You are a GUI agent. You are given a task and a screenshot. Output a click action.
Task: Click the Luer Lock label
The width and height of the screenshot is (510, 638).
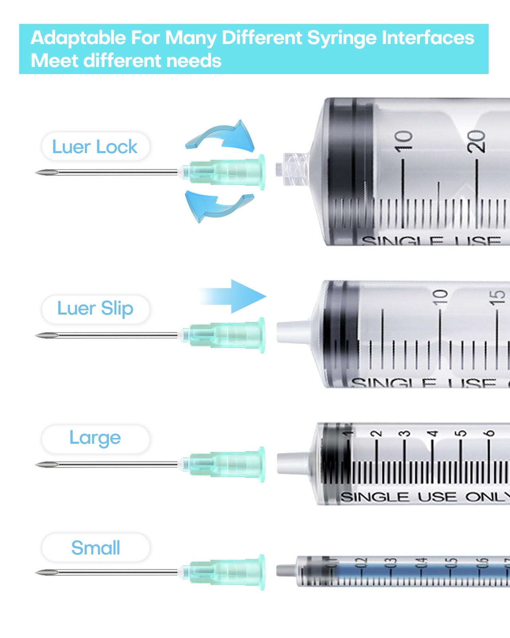point(95,147)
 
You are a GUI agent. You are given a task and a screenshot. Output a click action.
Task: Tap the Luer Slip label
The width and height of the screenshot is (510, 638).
point(95,309)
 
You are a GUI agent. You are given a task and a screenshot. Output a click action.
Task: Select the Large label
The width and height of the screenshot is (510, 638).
point(95,438)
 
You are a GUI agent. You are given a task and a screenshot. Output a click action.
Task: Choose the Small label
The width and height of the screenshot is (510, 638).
point(96,548)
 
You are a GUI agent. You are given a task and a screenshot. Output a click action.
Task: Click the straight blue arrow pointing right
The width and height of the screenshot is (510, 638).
point(235,296)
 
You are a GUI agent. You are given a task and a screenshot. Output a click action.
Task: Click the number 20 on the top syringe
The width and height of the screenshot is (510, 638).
point(477,141)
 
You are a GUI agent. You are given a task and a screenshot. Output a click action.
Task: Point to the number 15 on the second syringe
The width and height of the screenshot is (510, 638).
point(497,297)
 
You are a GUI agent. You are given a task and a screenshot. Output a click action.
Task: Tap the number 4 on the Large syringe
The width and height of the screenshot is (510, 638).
point(432,433)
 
